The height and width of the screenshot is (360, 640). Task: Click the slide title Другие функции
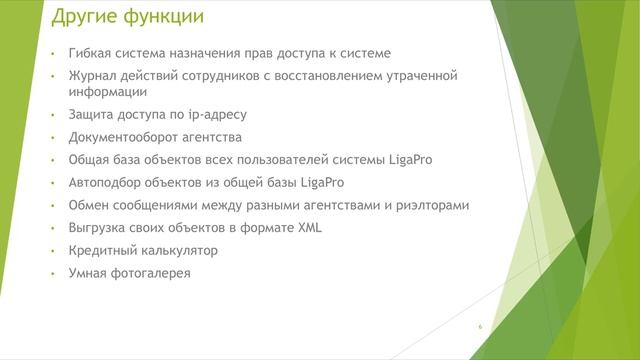click(128, 17)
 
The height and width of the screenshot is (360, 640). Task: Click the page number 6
click(480, 327)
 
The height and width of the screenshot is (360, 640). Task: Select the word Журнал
click(94, 76)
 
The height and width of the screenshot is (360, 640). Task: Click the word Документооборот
click(126, 137)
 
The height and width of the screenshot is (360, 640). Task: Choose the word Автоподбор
click(109, 183)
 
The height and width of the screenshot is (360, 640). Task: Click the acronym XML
click(308, 228)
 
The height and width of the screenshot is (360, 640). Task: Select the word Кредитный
click(103, 250)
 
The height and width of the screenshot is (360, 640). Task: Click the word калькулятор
click(180, 250)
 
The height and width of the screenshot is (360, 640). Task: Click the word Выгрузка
click(100, 228)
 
